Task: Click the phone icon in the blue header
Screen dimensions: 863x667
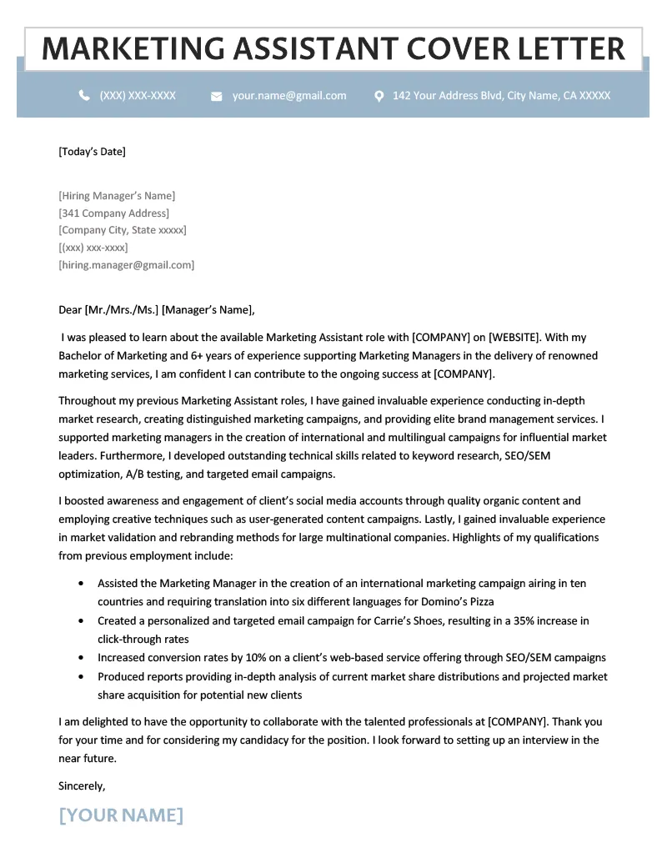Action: (84, 96)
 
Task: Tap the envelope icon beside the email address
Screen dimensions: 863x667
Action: (217, 97)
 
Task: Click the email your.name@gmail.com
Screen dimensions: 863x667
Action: (289, 96)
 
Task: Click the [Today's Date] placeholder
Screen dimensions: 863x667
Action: (92, 152)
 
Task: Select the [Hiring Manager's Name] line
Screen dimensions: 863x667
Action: (117, 196)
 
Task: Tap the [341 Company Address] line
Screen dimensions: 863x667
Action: (113, 213)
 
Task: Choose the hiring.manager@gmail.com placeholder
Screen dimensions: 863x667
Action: (126, 265)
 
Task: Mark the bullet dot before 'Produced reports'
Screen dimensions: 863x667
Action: (80, 677)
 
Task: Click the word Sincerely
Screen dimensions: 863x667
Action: (82, 785)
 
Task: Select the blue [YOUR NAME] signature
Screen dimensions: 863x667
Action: (121, 815)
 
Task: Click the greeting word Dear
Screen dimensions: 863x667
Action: (70, 310)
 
